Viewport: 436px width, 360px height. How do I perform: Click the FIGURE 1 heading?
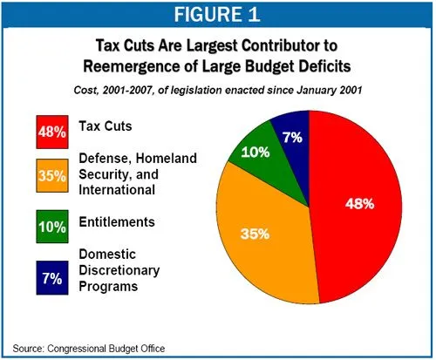tap(217, 17)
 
